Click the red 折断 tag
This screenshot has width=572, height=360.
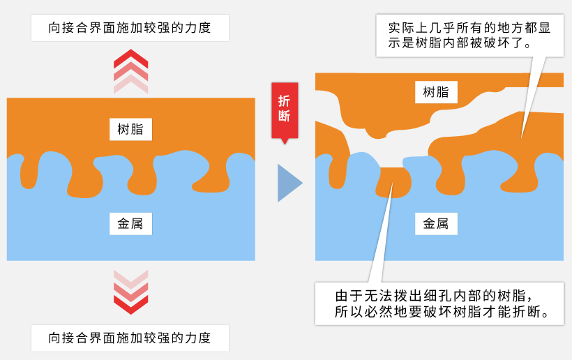point(284,108)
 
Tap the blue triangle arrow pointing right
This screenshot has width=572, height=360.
point(288,183)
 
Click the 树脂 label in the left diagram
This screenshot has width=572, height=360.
point(130,129)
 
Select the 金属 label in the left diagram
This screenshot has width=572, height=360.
point(130,224)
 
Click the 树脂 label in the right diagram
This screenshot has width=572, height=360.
point(436,92)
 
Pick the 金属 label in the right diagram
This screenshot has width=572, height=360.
point(436,224)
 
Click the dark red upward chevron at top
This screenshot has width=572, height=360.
point(131,58)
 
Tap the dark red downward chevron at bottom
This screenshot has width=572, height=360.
point(131,303)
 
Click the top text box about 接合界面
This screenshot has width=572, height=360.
point(130,29)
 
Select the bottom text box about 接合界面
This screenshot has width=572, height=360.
point(130,338)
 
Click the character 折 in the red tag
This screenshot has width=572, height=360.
point(284,100)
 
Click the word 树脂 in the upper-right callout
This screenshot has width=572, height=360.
point(419,46)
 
